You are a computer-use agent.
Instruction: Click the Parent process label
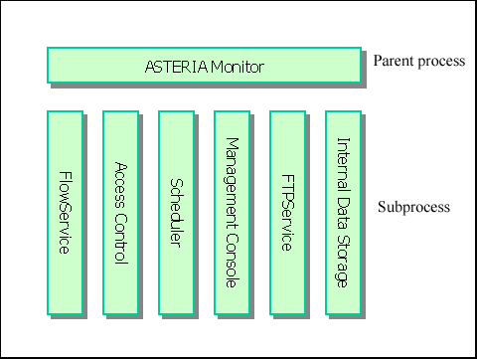(x=418, y=62)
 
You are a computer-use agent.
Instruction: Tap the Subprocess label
(x=414, y=208)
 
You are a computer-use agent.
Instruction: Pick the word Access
(x=120, y=183)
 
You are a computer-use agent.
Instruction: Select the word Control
(x=120, y=239)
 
